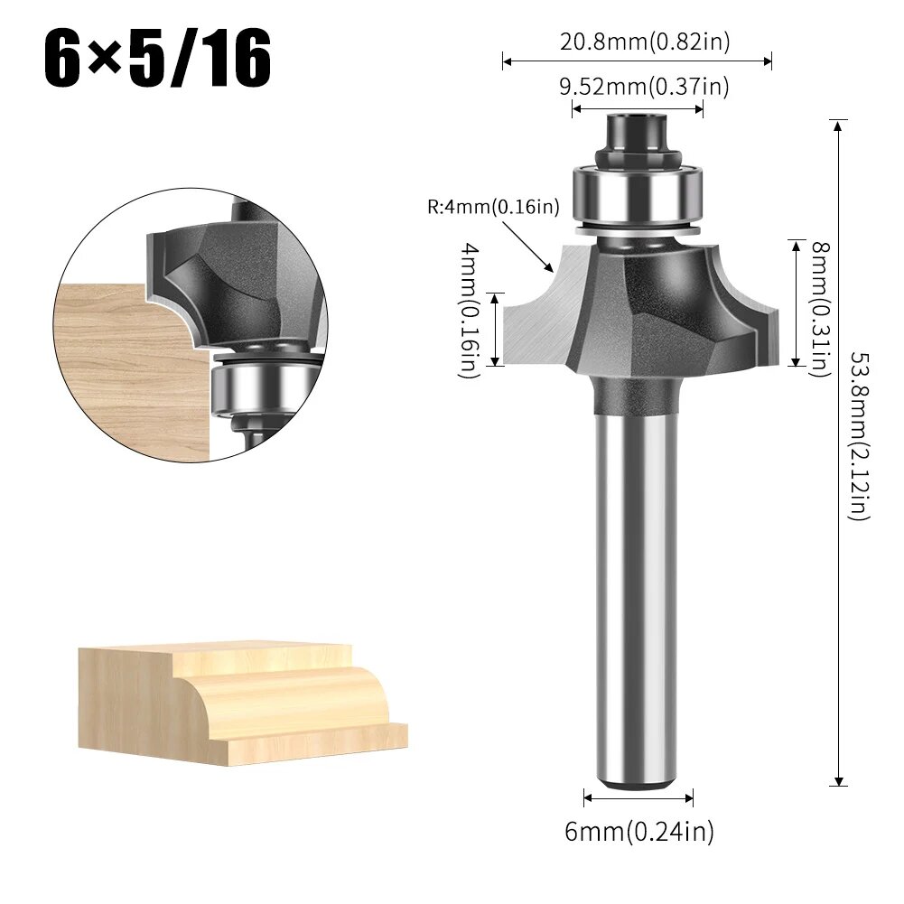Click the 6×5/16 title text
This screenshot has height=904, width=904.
(158, 61)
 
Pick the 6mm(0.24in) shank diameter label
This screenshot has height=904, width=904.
(639, 831)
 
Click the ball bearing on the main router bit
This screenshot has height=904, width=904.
(637, 191)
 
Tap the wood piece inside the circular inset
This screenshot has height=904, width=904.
(126, 370)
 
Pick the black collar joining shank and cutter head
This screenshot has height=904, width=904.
(637, 393)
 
